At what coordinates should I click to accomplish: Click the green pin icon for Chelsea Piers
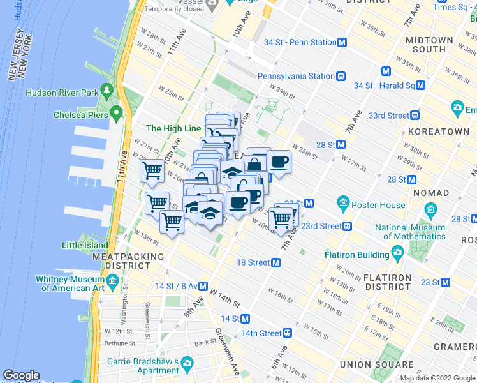pos(116,114)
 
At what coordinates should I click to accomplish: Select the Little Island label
pos(84,245)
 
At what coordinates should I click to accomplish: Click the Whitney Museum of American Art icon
pos(112,281)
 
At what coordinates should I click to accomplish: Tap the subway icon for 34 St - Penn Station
pos(342,42)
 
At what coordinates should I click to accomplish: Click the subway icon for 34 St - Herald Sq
pos(420,85)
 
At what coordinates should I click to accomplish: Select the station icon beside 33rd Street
pos(415,116)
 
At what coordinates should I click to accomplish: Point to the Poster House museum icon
pos(344,205)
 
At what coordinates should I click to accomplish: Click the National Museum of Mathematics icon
pos(432,209)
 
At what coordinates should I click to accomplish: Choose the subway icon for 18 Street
pos(276,262)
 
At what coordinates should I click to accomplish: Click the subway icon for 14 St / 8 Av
pos(203,285)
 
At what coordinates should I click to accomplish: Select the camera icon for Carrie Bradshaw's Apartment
pos(187,364)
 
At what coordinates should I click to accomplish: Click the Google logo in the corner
pos(22,375)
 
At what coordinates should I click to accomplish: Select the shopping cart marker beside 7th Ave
pos(281,219)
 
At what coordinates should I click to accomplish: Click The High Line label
pos(173,128)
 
